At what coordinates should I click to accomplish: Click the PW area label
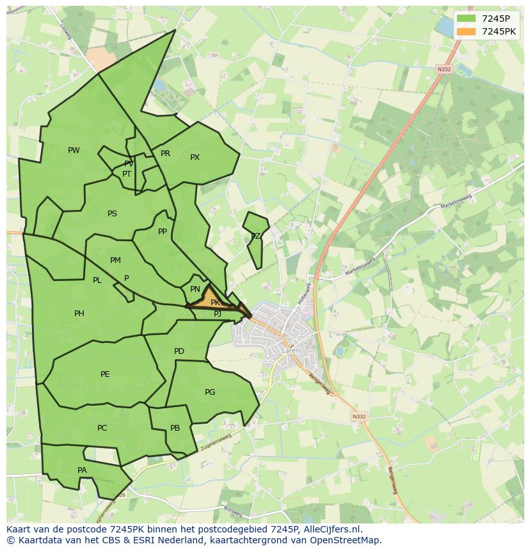(x=74, y=150)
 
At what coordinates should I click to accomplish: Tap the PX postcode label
(x=195, y=157)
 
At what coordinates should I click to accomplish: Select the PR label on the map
(x=165, y=154)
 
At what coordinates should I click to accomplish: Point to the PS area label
(x=112, y=214)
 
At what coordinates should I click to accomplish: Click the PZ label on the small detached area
(x=255, y=236)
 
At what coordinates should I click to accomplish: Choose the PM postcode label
(x=115, y=260)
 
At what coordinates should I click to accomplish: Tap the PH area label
(x=79, y=314)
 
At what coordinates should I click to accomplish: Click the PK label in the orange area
(x=215, y=303)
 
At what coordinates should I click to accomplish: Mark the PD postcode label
(x=179, y=351)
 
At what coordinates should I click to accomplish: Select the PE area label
(x=105, y=374)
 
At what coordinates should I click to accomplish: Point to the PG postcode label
(x=210, y=392)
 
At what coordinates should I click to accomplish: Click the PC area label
(x=102, y=428)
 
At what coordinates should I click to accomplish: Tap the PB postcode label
(x=175, y=428)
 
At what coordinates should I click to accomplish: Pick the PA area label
(x=82, y=470)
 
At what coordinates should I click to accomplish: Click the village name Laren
(x=290, y=351)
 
